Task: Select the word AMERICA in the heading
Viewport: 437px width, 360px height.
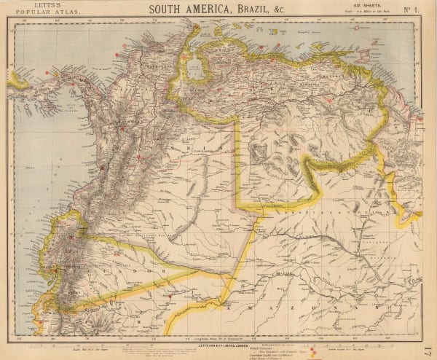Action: [x=206, y=9]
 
